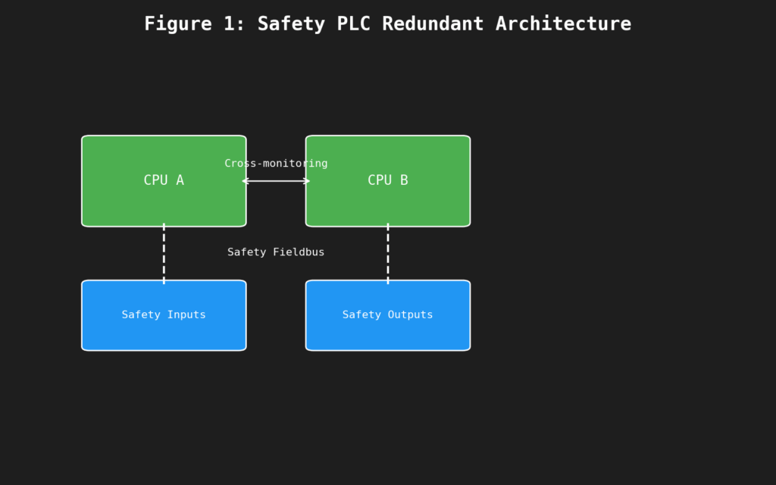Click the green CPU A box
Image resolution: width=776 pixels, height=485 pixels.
[x=164, y=201]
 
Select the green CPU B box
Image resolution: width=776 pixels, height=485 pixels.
[x=387, y=201]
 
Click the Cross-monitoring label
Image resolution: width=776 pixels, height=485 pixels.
[x=276, y=164]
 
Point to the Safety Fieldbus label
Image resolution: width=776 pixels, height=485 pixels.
[x=276, y=252]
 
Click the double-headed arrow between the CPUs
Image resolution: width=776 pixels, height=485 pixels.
[x=276, y=181]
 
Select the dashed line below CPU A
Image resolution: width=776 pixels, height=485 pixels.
[x=164, y=253]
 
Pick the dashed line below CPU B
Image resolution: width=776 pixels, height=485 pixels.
[x=388, y=253]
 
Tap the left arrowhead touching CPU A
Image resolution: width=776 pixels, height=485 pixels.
[x=245, y=181]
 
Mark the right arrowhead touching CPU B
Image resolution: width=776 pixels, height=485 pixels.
[x=307, y=181]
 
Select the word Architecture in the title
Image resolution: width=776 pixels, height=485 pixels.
[x=562, y=24]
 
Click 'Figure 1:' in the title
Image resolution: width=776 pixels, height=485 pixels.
[x=194, y=24]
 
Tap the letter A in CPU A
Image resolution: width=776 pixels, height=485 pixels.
[x=180, y=180]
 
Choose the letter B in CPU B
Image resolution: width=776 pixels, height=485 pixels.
[x=403, y=180]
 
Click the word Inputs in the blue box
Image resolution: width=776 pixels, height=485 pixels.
[x=186, y=315]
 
